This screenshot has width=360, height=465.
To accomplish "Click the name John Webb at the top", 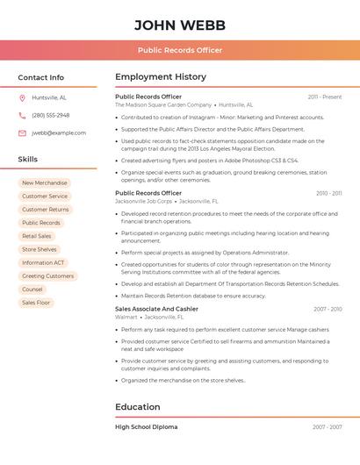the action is [179, 25].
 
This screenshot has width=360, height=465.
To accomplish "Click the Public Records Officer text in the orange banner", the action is [179, 50].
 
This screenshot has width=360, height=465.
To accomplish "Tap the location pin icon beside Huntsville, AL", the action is [22, 97].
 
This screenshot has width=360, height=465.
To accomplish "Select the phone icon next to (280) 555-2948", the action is [22, 115].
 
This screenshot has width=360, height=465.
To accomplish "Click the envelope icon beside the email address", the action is [22, 133].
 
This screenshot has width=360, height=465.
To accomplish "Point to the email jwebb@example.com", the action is [59, 133].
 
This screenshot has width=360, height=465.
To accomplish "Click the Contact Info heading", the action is [41, 77].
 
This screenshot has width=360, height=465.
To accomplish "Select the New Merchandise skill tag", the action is [45, 183].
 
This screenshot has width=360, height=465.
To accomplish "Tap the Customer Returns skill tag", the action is [46, 210].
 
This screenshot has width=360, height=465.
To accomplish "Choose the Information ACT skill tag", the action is [43, 262].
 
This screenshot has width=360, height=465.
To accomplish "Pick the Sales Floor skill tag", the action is [37, 303].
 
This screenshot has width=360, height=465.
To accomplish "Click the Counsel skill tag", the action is [32, 290].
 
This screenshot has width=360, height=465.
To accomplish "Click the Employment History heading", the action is [161, 77].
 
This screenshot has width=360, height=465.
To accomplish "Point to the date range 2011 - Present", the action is [325, 97].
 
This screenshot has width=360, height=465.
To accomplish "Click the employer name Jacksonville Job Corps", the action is [144, 201].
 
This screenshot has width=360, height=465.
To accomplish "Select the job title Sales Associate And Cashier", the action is [156, 309].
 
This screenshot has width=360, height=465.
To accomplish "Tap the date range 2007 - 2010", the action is [328, 309].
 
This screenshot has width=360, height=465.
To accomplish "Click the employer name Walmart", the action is [126, 317].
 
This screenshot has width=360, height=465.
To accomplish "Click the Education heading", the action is [138, 407].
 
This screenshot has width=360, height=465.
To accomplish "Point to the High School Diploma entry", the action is [147, 427].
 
